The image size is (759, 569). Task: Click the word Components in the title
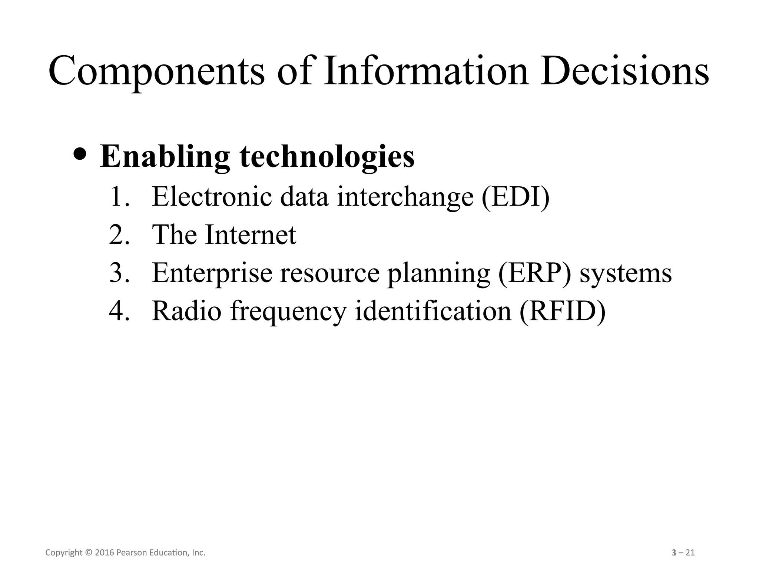156,71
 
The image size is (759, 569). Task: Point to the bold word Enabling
165,157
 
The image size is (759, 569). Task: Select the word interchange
405,197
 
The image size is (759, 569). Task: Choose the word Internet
251,235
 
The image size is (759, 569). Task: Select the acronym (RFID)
562,311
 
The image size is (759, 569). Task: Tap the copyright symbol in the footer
88,553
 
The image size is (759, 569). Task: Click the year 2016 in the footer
105,553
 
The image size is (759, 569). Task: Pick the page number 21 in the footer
690,553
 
